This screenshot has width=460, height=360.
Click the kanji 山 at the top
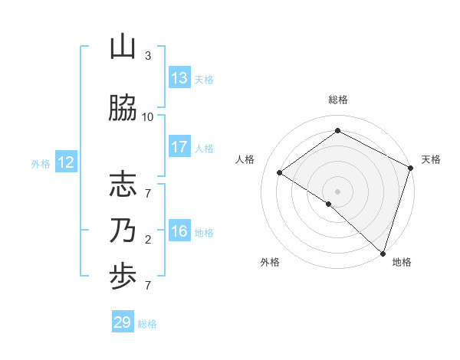123,48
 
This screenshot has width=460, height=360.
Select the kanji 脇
123,109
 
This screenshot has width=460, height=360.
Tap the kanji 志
123,185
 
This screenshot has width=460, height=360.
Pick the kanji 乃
123,231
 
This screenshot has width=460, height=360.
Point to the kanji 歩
123,279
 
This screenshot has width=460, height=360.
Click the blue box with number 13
179,78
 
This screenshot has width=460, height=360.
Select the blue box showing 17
179,147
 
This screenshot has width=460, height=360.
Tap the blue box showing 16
179,232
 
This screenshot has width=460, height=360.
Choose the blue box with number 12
65,162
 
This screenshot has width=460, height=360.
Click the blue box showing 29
123,322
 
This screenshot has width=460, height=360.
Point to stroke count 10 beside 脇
148,116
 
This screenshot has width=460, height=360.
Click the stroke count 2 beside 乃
148,240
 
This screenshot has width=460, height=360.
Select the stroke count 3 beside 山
148,56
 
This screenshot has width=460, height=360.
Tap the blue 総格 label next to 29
147,324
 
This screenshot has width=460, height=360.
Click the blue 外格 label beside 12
40,163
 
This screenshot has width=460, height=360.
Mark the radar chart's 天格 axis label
431,159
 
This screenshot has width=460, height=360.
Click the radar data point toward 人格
280,172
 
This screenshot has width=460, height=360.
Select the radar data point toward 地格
382,253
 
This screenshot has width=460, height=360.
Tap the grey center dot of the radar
338,191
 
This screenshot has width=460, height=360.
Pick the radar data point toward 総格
338,131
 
